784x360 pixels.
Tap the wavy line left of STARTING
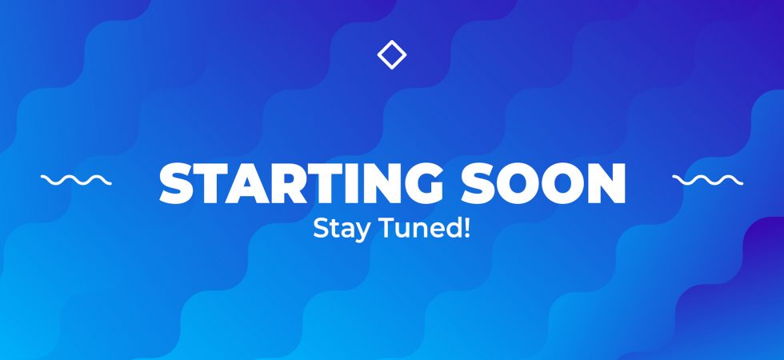pyautogui.click(x=76, y=180)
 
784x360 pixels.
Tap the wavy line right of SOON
pyautogui.click(x=707, y=180)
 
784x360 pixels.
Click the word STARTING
pyautogui.click(x=301, y=183)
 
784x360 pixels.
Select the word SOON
pyautogui.click(x=543, y=183)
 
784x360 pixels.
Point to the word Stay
pyautogui.click(x=342, y=230)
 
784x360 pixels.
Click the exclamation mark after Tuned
pyautogui.click(x=467, y=228)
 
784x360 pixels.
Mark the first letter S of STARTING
pyautogui.click(x=175, y=183)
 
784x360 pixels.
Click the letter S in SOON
pyautogui.click(x=478, y=183)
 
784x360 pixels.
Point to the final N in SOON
pyautogui.click(x=606, y=183)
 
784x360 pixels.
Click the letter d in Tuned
pyautogui.click(x=454, y=228)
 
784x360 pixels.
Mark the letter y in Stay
pyautogui.click(x=365, y=233)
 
